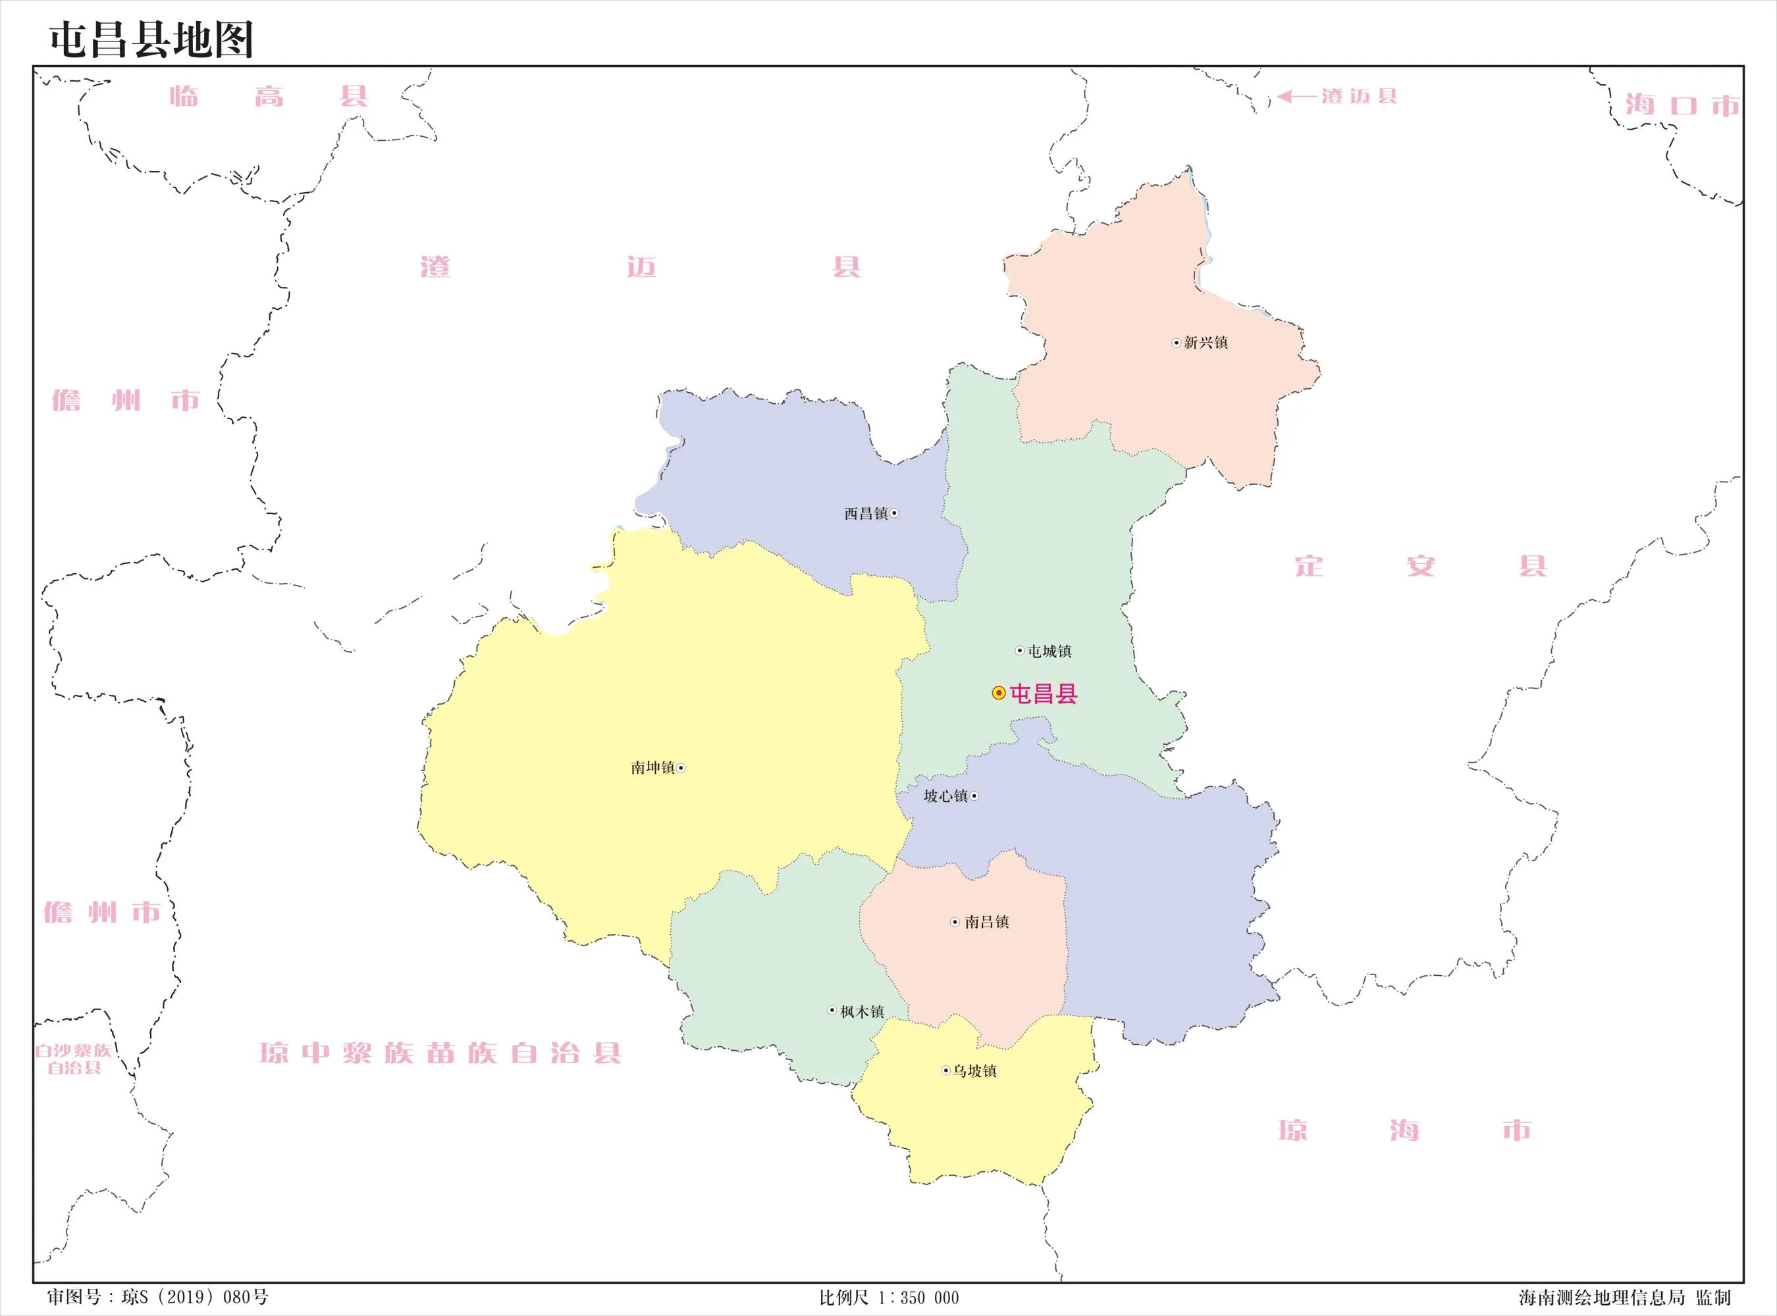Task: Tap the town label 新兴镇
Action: coord(1205,343)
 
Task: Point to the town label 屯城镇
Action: coord(1049,651)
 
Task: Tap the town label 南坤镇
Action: coord(652,768)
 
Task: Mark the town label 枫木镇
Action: coord(862,1012)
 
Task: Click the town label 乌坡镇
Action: coord(974,1071)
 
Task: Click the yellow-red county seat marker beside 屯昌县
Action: coord(997,693)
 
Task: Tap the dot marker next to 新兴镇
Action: coord(1176,343)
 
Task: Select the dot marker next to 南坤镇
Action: coord(681,768)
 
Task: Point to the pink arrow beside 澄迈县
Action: coord(1296,96)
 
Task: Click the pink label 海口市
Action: coord(1682,105)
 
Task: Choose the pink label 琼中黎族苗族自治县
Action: coord(440,1053)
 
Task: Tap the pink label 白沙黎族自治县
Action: coord(74,1059)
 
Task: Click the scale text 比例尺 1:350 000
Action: coord(889,1298)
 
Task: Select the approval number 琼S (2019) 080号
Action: coord(158,1298)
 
